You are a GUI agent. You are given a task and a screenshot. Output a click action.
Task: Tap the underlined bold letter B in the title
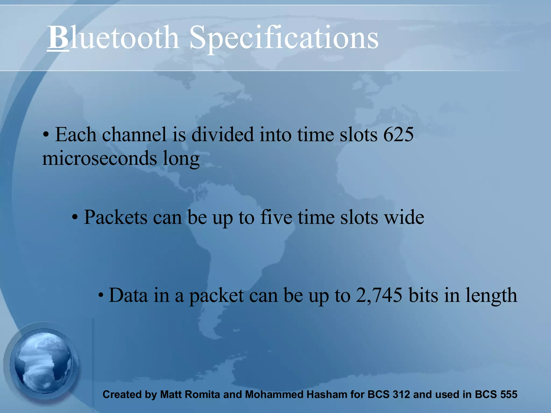point(58,37)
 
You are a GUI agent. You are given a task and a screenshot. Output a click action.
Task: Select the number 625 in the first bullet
point(398,134)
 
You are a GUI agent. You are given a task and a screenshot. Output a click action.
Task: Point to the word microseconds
point(100,158)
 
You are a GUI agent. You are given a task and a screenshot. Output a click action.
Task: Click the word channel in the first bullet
point(134,134)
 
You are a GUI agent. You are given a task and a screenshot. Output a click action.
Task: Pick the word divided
point(222,134)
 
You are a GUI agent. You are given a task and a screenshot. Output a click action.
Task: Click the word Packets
point(115,217)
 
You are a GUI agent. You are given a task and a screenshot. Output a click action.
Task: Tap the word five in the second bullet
point(276,217)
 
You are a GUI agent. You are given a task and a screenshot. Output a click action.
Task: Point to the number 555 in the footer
point(508,394)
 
